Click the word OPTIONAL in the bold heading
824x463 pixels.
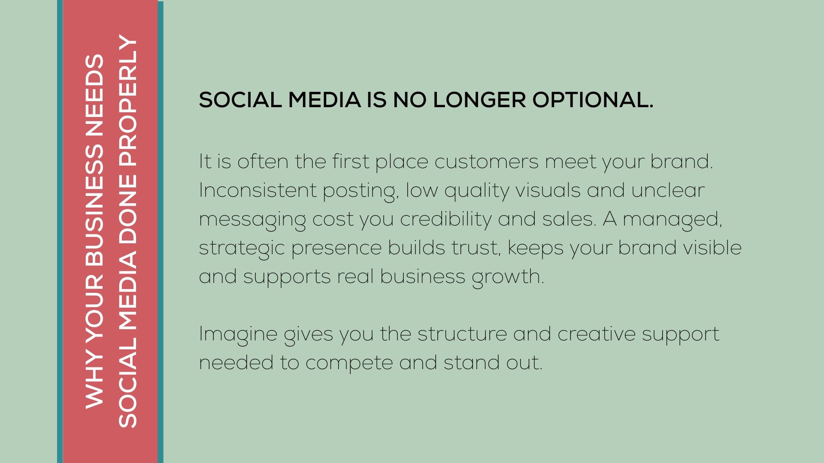click(593, 99)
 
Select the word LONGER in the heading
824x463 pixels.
click(479, 99)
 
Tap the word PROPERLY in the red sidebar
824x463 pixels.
click(127, 102)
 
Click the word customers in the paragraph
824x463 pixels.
click(486, 162)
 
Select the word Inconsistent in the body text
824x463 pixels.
click(257, 190)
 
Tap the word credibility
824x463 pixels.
click(445, 219)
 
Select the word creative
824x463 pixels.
click(597, 334)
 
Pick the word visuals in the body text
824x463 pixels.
click(548, 190)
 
